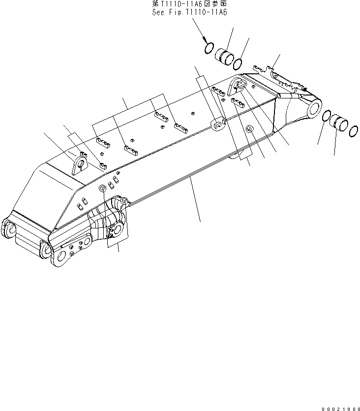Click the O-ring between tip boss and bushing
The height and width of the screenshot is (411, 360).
point(326,117)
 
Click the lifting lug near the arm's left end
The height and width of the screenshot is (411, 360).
point(79,162)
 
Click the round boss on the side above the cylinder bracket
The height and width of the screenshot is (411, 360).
point(102,189)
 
